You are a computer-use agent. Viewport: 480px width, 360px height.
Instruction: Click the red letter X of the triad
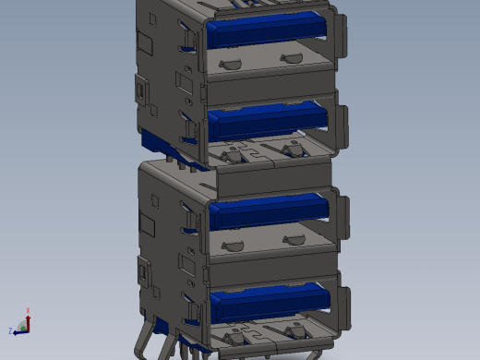tap(29, 311)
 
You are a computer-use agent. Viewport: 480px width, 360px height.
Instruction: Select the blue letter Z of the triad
tap(10, 330)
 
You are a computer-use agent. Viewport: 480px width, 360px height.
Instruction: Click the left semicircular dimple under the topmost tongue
tap(231, 64)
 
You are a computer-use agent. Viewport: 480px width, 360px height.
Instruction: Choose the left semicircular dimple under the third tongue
tap(232, 246)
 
